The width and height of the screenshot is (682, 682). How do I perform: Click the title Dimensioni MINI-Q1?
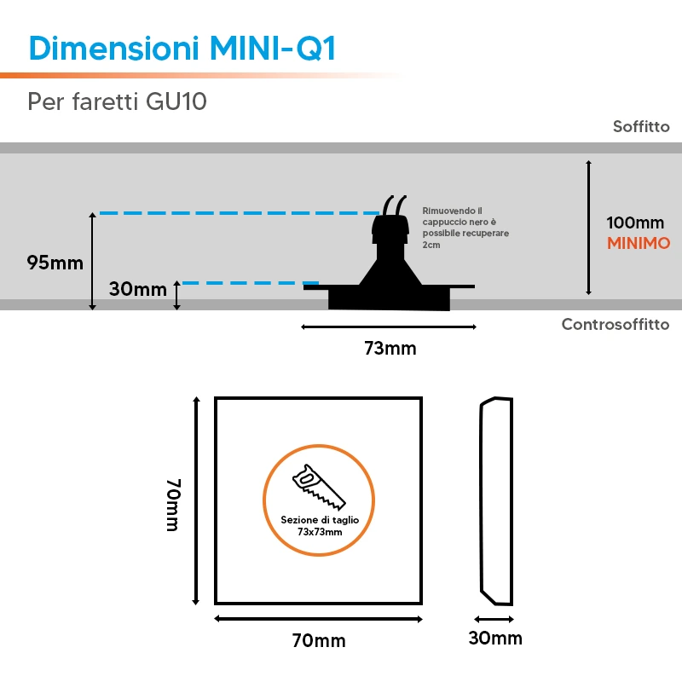point(182,48)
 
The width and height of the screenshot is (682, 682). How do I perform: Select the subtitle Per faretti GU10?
point(117,101)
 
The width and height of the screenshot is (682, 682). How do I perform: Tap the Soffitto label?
point(641,126)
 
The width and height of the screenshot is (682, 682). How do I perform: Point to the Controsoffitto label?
point(615,325)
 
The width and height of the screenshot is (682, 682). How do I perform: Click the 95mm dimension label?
point(55,263)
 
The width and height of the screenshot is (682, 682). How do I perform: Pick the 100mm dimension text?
point(635,223)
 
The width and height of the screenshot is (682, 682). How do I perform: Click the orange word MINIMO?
point(638,243)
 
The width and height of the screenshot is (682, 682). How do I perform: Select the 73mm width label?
point(390,349)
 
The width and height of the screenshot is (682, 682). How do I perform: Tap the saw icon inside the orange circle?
point(319,486)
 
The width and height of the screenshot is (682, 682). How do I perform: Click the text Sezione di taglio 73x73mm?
point(320,525)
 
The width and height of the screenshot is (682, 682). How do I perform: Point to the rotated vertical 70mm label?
point(173,505)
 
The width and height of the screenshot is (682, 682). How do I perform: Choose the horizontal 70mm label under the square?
point(319,641)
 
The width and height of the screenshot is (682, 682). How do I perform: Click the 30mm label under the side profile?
point(495,638)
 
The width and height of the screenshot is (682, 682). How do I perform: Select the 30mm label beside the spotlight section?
point(137,289)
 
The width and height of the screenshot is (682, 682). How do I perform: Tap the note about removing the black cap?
point(465,228)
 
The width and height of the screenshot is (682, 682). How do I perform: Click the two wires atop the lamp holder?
point(395,205)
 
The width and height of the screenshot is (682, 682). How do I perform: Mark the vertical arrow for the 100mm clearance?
point(588,228)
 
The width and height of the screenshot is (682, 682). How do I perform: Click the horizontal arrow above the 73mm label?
point(389,327)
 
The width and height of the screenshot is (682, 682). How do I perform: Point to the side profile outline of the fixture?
point(497,500)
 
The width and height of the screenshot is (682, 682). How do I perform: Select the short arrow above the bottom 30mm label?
point(494,619)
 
